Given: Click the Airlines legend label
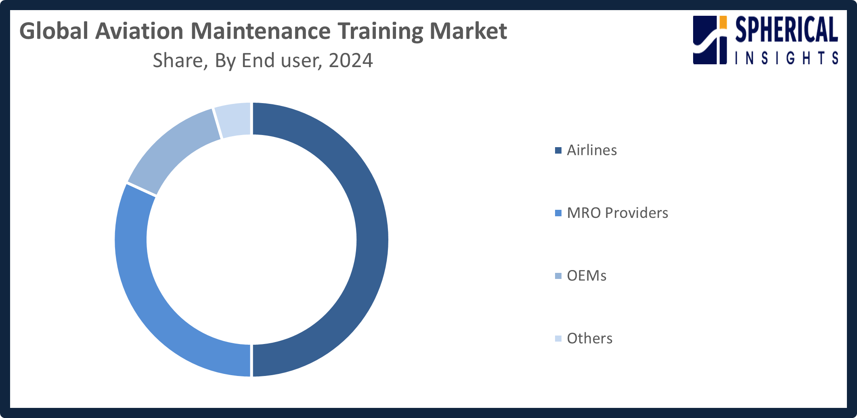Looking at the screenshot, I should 592,150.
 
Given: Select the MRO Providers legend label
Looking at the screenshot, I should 617,213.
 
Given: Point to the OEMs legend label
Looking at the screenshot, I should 587,276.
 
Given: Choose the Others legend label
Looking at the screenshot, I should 589,338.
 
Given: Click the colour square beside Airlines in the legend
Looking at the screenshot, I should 558,151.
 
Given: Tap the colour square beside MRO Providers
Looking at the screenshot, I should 558,213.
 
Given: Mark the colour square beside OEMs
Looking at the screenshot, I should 558,276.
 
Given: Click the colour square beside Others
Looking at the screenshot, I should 558,339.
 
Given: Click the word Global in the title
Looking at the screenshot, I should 54,31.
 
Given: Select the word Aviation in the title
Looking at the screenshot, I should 139,31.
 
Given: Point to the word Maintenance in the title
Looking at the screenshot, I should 260,31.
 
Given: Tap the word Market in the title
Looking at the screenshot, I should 468,31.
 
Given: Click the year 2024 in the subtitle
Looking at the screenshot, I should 350,61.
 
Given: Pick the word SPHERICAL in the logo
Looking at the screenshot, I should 786,30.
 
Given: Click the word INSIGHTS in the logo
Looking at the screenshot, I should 786,58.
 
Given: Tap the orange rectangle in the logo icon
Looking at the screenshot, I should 723,23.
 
